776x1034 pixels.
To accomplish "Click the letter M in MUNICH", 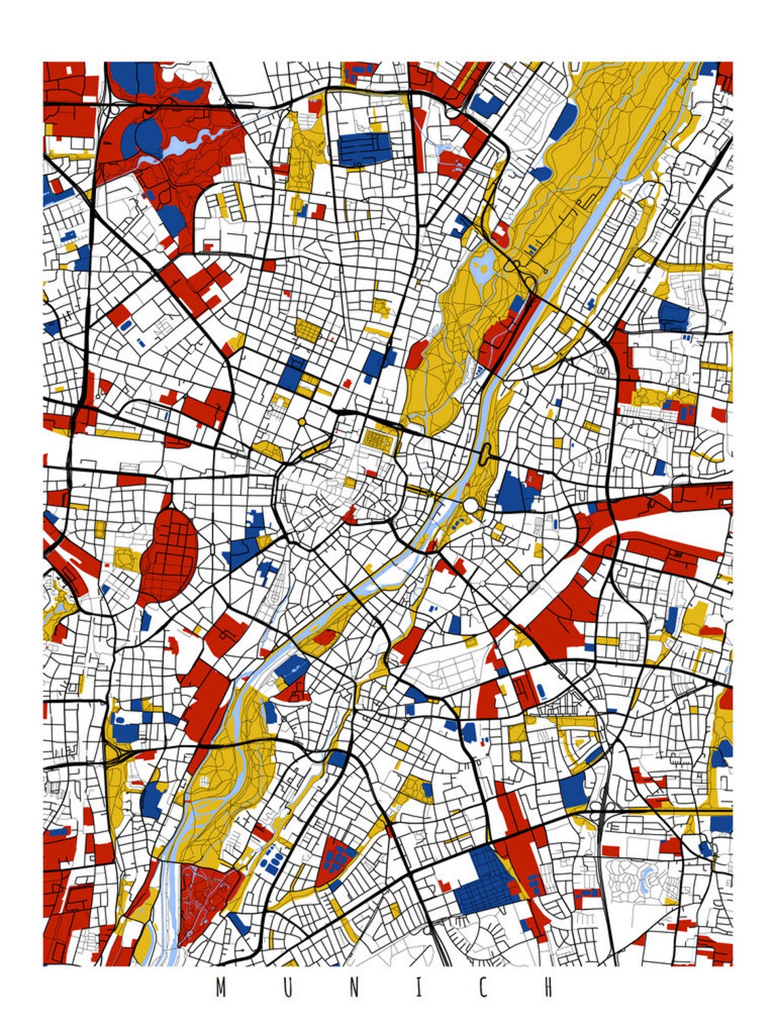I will point(221,988).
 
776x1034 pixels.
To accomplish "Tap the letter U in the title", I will point(287,988).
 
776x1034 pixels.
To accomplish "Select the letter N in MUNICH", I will point(353,988).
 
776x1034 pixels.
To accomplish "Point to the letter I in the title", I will point(418,988).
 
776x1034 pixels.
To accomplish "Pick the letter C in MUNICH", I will point(483,988).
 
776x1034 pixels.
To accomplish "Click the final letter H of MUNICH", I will point(549,988).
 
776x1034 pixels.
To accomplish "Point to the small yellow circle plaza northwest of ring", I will point(302,422).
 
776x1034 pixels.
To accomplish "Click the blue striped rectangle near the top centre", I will point(365,149).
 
